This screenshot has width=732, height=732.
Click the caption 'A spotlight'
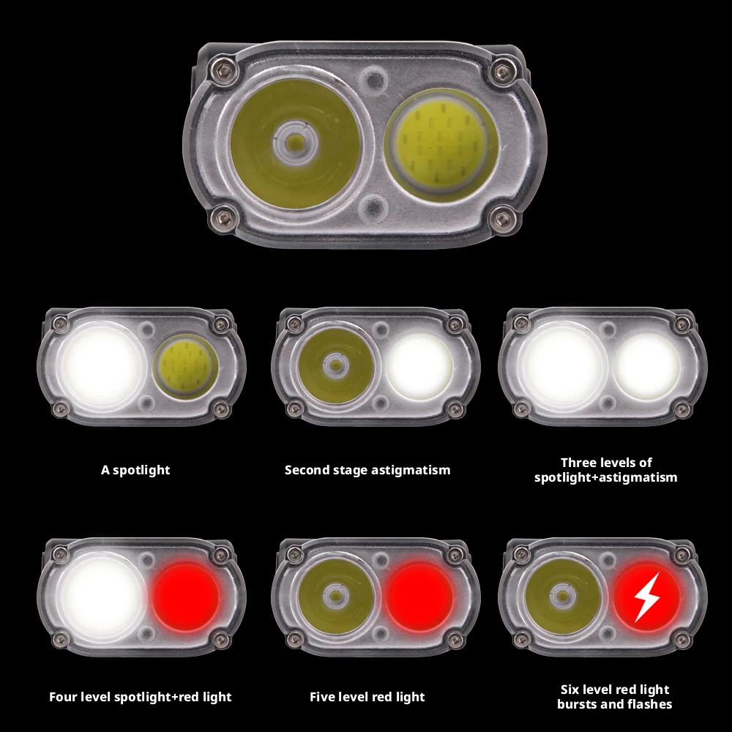(x=135, y=470)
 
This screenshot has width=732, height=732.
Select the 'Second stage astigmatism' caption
(x=367, y=470)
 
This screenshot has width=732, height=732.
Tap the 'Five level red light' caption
(x=367, y=697)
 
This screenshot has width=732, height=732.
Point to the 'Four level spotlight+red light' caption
(x=141, y=697)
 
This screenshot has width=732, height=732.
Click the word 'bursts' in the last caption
(x=577, y=704)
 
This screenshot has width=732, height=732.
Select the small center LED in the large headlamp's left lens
(x=296, y=142)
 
